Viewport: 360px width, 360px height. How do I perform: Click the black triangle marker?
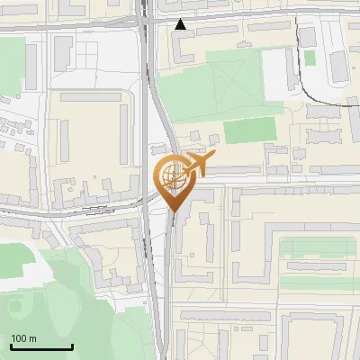coord(181,24)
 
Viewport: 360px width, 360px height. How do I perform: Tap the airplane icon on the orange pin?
coord(198,164)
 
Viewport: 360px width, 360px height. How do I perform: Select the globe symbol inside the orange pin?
coord(174,176)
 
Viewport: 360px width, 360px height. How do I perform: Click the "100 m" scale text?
coord(23,338)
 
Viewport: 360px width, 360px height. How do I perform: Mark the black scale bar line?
coord(41,346)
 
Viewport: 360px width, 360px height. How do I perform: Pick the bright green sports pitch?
coord(247,130)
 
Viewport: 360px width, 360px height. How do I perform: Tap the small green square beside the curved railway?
coord(310,58)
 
